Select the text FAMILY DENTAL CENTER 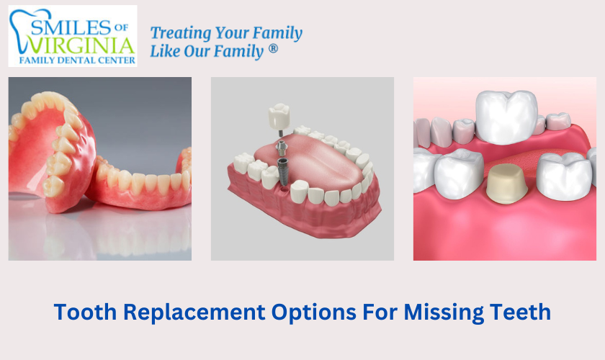click(72, 60)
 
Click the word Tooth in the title click(86, 312)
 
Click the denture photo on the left click(99, 168)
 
